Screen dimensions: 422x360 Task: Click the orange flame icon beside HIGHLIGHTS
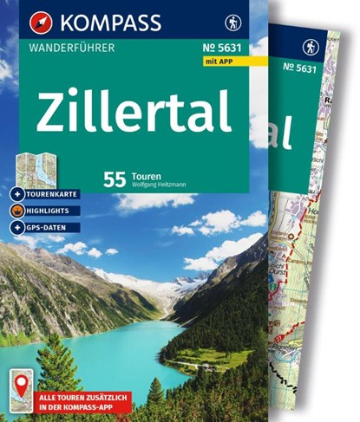pyautogui.click(x=20, y=211)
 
